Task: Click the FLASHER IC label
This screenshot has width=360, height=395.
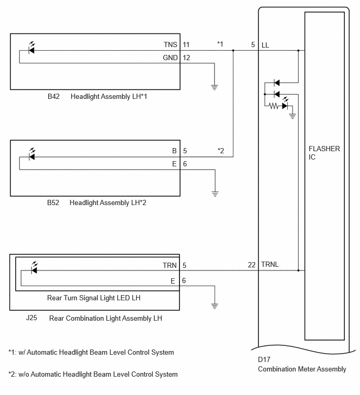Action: pyautogui.click(x=324, y=153)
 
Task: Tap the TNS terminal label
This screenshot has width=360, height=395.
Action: pyautogui.click(x=171, y=44)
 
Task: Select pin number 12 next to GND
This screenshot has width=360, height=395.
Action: pyautogui.click(x=186, y=58)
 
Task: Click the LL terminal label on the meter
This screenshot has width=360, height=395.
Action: pyautogui.click(x=265, y=45)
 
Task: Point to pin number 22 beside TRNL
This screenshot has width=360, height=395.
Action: pyautogui.click(x=252, y=265)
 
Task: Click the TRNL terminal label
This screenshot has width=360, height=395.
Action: pyautogui.click(x=270, y=264)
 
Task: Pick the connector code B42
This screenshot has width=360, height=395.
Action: pyautogui.click(x=54, y=96)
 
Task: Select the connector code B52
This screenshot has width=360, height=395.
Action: pyautogui.click(x=53, y=203)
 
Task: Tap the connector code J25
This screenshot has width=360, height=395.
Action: pyautogui.click(x=32, y=318)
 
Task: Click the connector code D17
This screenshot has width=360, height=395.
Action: pyautogui.click(x=264, y=359)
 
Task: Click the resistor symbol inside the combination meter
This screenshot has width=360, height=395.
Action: pyautogui.click(x=274, y=106)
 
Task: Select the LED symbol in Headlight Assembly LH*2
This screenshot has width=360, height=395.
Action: pyautogui.click(x=32, y=154)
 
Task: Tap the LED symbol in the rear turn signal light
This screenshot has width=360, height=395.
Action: pyautogui.click(x=34, y=268)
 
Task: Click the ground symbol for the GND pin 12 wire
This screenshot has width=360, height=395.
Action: pyautogui.click(x=215, y=87)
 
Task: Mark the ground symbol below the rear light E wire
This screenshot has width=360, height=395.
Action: pyautogui.click(x=215, y=306)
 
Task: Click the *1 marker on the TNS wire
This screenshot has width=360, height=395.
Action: pyautogui.click(x=220, y=44)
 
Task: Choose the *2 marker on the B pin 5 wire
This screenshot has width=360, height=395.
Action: pyautogui.click(x=221, y=151)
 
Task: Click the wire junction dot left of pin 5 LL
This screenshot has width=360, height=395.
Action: pyautogui.click(x=233, y=50)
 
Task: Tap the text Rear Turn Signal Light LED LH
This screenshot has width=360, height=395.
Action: pyautogui.click(x=94, y=298)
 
